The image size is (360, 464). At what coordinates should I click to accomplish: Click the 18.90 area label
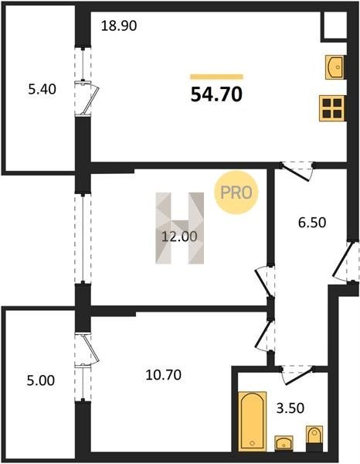point(119,26)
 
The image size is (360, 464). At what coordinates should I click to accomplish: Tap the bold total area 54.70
point(216,94)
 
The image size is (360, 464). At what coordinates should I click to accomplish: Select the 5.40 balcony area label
point(42,89)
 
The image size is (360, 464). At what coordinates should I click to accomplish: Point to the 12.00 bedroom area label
point(179,237)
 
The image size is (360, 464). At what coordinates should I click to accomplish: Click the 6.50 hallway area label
point(312,223)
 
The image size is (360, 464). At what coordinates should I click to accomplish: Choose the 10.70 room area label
point(164,375)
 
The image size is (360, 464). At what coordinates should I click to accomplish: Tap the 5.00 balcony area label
point(41,380)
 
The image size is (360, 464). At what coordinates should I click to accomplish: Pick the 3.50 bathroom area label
point(290,408)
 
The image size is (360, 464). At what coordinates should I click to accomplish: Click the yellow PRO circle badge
point(236,193)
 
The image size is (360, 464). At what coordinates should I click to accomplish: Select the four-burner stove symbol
point(332,108)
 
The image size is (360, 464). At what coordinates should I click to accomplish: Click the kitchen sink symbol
point(335,67)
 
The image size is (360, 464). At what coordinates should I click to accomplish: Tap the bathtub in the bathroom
point(253,421)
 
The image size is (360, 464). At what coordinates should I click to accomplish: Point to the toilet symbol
point(314,438)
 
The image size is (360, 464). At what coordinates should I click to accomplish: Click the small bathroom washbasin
point(284,443)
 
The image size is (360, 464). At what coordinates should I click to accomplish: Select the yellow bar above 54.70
point(216,77)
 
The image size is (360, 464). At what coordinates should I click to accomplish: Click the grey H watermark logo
point(180,228)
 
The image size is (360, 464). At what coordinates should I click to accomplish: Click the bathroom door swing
point(297,374)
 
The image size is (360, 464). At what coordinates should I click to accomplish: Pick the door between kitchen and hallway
point(297,171)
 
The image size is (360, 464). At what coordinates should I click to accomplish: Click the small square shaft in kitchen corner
point(335,26)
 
